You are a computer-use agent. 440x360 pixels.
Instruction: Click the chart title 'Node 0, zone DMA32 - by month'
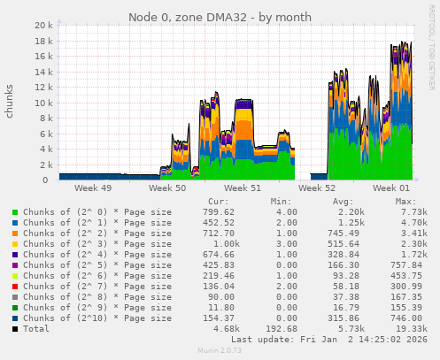(220, 17)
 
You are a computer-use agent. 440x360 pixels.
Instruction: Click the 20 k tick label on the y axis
(43, 26)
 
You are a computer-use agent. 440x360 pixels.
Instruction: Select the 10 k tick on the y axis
(43, 103)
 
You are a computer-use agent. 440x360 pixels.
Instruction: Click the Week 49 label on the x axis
(93, 188)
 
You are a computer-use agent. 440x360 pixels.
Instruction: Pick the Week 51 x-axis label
(243, 188)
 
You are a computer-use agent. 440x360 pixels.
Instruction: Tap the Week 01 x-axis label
(392, 188)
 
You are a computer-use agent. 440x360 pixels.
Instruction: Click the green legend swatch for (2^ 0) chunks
(14, 212)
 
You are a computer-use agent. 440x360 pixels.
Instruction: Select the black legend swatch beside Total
(14, 328)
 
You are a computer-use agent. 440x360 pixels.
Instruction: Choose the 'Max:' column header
(405, 202)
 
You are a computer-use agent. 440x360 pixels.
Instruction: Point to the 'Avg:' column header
(345, 202)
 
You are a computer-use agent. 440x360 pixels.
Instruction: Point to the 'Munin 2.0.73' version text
(220, 351)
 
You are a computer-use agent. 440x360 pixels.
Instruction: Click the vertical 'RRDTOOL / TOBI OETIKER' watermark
(431, 53)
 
